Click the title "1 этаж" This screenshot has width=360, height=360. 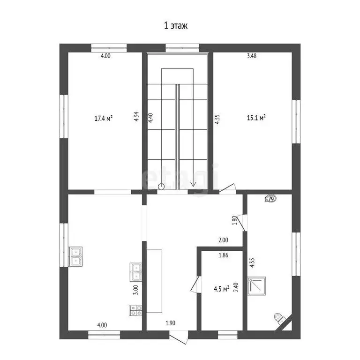[x=175, y=26]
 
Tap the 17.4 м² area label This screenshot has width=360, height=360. [x=104, y=118]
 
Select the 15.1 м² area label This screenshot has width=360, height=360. [x=256, y=118]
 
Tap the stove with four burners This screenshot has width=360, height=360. [x=136, y=309]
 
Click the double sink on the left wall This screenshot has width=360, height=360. [x=75, y=255]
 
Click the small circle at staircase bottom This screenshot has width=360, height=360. [x=161, y=187]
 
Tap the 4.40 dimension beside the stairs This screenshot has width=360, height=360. [x=150, y=117]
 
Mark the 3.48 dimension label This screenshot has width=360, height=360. [x=252, y=56]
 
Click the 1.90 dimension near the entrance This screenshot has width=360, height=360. [x=171, y=323]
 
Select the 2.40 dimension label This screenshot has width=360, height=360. [x=236, y=286]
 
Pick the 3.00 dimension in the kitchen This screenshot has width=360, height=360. [x=135, y=290]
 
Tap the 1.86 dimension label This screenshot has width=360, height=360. [x=224, y=256]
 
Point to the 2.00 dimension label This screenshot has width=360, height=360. [x=223, y=240]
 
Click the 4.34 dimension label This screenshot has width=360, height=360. [x=136, y=116]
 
